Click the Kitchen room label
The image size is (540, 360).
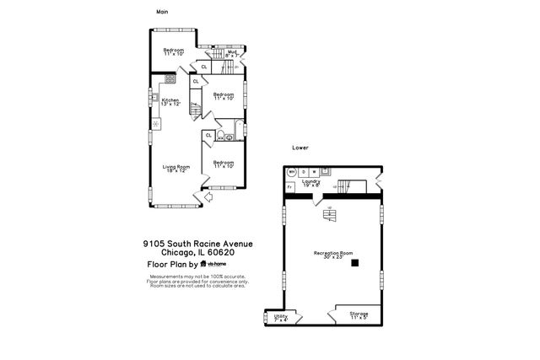171,101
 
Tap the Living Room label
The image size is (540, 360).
176,169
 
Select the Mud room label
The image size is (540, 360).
231,52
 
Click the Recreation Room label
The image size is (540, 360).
332,253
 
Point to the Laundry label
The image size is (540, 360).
310,182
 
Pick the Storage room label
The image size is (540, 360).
359,315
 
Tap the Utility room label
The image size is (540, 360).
281,317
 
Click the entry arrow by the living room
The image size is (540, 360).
197,198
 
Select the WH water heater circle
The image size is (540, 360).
292,171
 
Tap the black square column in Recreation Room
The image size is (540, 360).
355,263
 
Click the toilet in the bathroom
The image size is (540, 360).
221,136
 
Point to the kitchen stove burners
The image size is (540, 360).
170,78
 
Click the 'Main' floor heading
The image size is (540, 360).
163,11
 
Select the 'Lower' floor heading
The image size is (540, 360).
300,148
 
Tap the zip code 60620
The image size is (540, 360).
223,253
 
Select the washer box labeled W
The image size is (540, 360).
313,171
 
